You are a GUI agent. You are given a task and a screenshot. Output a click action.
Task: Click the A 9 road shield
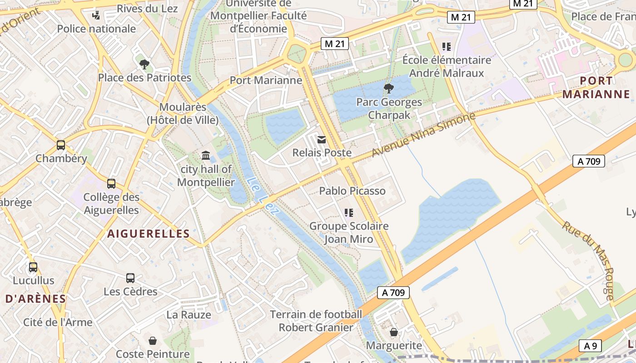point(590,346)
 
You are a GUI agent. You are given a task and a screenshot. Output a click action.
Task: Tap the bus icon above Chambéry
point(60,145)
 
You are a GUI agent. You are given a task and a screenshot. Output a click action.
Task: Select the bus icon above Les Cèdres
point(130,278)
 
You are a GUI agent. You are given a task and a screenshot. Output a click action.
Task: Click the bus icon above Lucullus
point(33,267)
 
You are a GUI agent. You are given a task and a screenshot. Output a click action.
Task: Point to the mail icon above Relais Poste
point(322,139)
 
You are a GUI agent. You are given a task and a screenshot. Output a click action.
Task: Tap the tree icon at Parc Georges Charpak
point(388,88)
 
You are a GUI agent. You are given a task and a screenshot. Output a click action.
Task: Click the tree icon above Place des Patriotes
point(144,64)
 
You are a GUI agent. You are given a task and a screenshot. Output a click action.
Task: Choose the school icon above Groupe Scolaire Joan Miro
point(348,212)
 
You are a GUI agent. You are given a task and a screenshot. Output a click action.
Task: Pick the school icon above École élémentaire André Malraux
point(446,46)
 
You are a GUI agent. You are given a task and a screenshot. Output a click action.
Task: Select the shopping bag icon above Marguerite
point(393,332)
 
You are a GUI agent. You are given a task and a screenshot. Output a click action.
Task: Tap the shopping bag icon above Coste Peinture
point(153,340)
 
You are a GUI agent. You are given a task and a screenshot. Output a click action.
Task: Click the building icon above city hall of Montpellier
point(206,156)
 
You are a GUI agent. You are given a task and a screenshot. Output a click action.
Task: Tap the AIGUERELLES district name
point(149,234)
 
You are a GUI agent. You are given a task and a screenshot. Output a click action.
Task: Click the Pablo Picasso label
point(353,191)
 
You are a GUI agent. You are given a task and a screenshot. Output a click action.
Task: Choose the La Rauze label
point(189,314)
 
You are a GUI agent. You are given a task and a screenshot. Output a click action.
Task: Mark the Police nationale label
point(96,29)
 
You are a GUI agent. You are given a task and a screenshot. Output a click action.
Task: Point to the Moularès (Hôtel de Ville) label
point(183,113)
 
